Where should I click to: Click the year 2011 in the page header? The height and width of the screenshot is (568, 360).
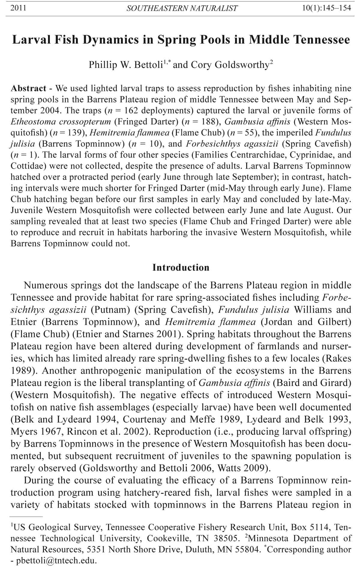click(18, 8)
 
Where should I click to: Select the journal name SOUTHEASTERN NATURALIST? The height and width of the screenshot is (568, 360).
click(182, 8)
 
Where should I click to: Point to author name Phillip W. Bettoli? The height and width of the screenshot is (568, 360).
click(125, 65)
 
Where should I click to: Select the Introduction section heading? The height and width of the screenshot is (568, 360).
click(181, 267)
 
